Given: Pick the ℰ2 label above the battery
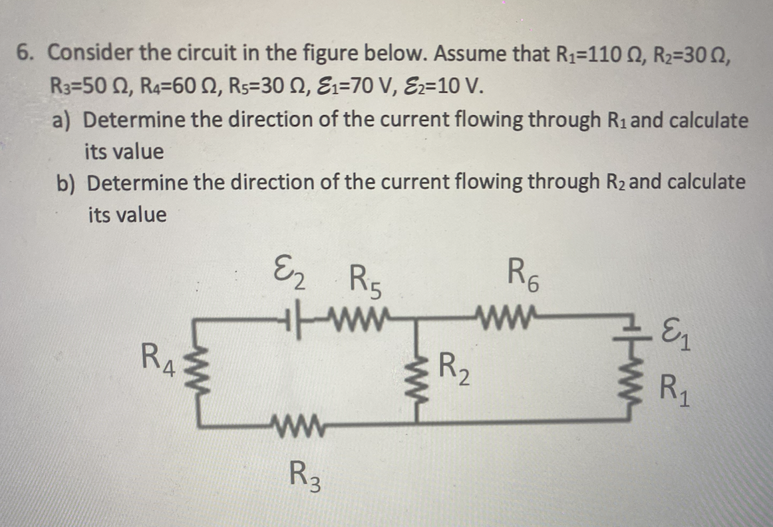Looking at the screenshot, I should pyautogui.click(x=290, y=275).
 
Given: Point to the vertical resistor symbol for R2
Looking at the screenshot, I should pyautogui.click(x=417, y=370).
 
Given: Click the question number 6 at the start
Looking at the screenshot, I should pyautogui.click(x=27, y=53).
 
